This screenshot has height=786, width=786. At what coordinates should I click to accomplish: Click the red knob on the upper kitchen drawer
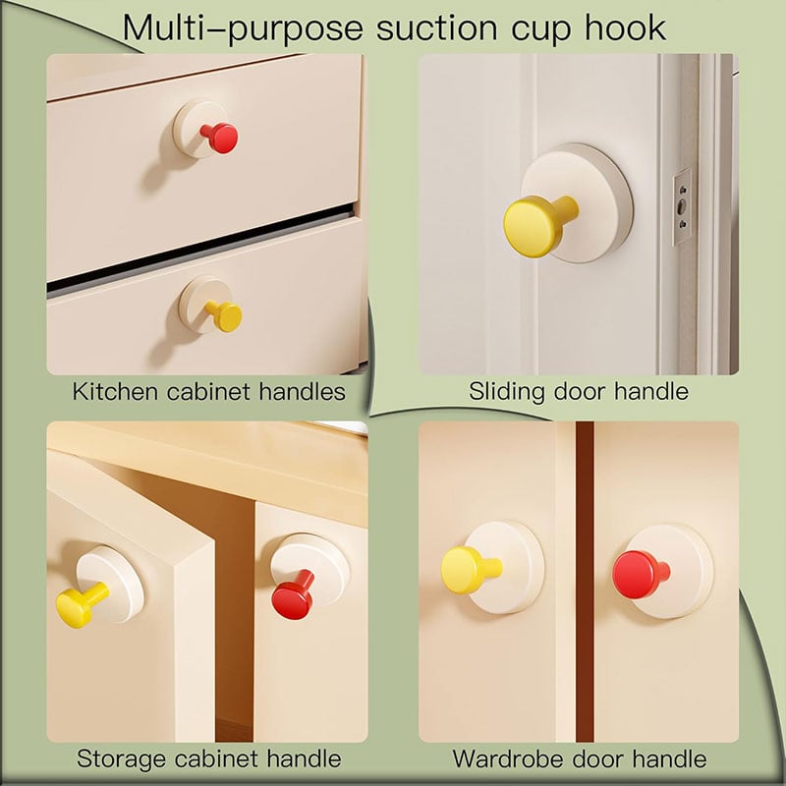[220, 138]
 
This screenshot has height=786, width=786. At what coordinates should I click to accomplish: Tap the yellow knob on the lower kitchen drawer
[225, 315]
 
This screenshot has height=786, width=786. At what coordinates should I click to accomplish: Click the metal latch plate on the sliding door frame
[682, 206]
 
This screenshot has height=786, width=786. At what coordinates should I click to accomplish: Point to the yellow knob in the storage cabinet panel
[81, 605]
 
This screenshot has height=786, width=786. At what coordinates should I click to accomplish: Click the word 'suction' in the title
[437, 28]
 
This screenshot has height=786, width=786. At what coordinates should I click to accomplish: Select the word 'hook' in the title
[626, 28]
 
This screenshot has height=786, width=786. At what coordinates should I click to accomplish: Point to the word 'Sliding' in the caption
[506, 392]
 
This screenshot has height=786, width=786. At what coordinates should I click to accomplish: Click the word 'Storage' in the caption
[122, 759]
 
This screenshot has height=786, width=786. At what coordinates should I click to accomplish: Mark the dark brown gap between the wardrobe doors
[585, 582]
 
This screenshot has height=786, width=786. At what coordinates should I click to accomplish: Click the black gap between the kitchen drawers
[200, 249]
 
